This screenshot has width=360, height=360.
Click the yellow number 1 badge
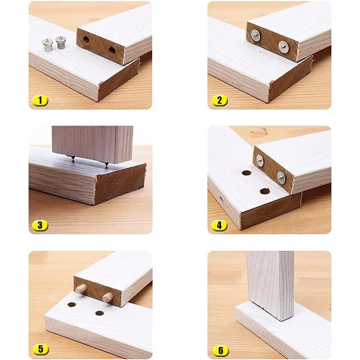pos(40,100)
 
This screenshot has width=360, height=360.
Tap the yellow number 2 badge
pos(219,100)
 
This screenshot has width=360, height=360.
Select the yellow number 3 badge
pos(40,225)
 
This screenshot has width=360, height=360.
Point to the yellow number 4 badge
pos(219,225)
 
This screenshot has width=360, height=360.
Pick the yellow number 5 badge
pos(40,350)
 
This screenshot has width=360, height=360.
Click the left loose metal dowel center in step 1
pos(47,45)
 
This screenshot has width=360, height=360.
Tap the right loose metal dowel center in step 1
pos(61,42)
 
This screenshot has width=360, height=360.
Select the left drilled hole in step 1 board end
pos(86,40)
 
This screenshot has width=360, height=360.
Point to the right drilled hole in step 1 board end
pos(112,50)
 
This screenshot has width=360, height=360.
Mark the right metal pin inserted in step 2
pos(283,47)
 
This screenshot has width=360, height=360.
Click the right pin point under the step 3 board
pos(106,165)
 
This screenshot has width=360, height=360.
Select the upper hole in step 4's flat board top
pos(246,173)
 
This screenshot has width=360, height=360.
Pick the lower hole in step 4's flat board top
pos(265,191)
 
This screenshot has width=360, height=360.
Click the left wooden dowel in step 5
pos(81,289)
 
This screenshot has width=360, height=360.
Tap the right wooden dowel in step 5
pos(108,297)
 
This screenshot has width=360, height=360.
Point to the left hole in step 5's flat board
pos(72,305)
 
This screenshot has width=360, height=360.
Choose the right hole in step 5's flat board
pos(99,313)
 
